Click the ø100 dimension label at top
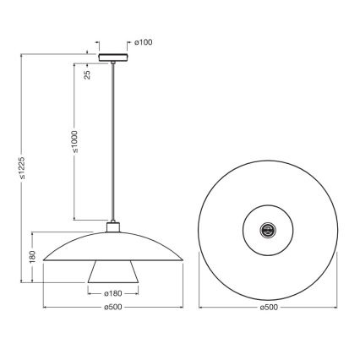143,40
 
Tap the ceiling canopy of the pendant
111,57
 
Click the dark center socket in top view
270,226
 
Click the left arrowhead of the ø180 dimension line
88,287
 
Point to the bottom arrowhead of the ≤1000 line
76,216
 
